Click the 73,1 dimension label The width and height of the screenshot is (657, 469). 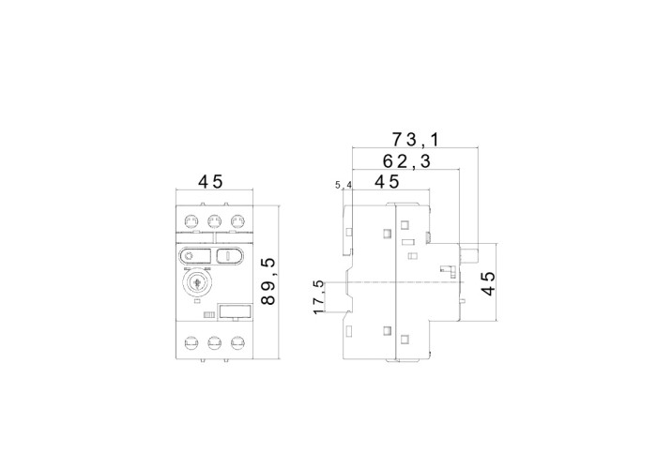click(x=415, y=140)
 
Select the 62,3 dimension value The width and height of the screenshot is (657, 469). click(x=406, y=161)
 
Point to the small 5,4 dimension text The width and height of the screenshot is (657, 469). click(x=344, y=185)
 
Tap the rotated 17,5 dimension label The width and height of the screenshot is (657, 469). click(x=319, y=297)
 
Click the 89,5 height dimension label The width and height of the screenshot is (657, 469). click(x=268, y=281)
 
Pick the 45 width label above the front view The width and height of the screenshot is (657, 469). click(x=211, y=182)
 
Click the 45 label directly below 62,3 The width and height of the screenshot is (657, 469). click(x=387, y=182)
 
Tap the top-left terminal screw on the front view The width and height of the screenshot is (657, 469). click(x=191, y=220)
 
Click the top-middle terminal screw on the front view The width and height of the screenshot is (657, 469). click(x=214, y=220)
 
